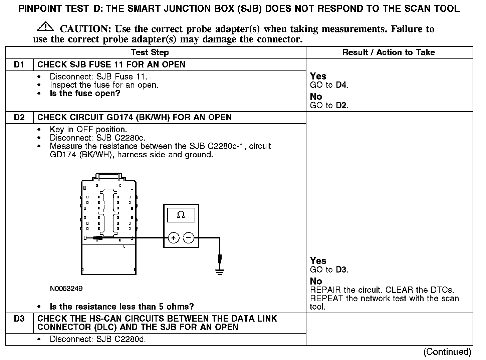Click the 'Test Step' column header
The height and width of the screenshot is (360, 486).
[x=150, y=52]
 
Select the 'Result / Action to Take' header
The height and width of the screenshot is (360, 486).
[x=389, y=52]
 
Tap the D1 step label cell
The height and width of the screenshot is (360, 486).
[x=19, y=64]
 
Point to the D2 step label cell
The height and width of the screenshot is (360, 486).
[x=19, y=118]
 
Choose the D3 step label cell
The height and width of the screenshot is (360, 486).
[x=19, y=319]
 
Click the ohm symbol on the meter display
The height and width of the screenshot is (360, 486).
[x=181, y=215]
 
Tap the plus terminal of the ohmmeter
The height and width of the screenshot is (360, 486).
[x=173, y=238]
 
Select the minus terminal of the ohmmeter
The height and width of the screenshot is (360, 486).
[x=189, y=238]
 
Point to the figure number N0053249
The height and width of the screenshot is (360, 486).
[x=66, y=289]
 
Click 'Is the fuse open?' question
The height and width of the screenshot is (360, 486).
[x=85, y=94]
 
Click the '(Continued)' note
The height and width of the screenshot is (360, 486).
[x=447, y=352]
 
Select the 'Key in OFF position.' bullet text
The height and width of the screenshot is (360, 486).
[x=88, y=130]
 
